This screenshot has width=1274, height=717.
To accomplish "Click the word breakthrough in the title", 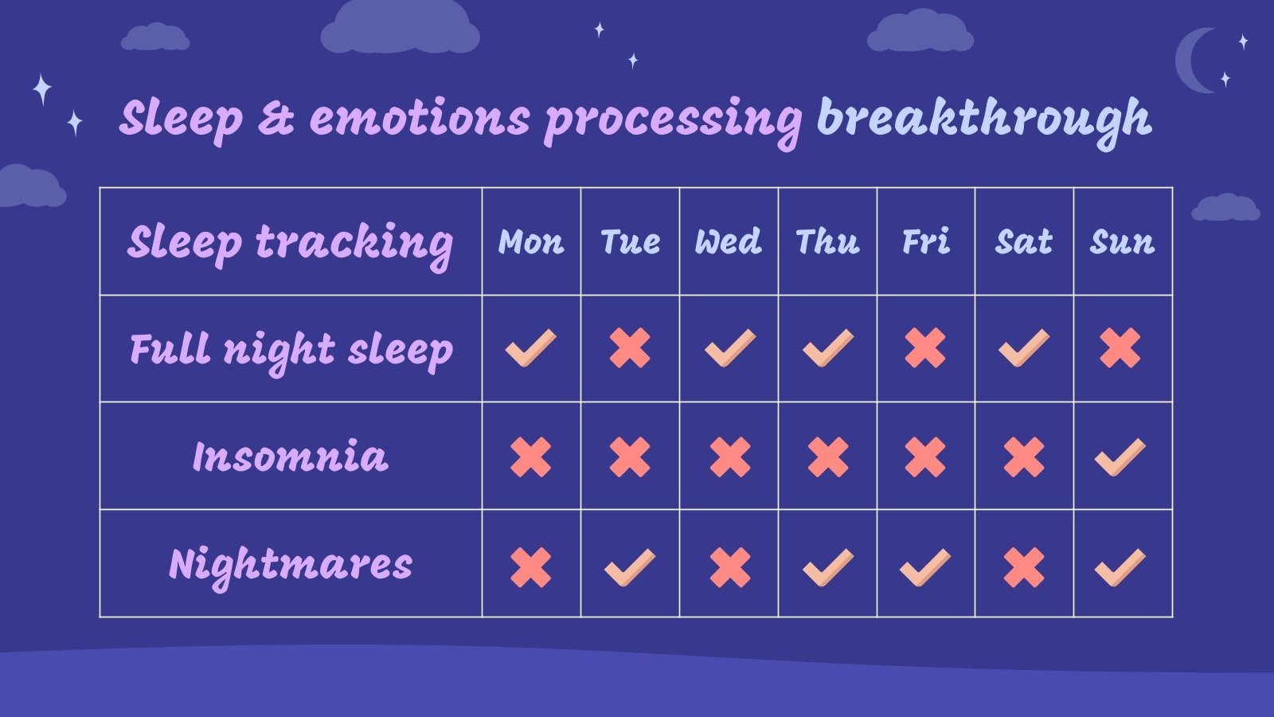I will click(x=983, y=119).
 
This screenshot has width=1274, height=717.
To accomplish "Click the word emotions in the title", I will click(x=420, y=119).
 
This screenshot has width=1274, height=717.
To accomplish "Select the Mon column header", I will click(x=531, y=241).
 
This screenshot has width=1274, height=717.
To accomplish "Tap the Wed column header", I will click(x=728, y=241).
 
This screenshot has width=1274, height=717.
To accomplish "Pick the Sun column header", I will click(x=1122, y=241).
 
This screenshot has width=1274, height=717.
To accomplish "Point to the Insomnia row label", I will click(x=291, y=456).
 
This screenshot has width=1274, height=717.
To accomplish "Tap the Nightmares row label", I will click(x=291, y=565).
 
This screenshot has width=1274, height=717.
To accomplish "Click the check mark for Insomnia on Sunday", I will click(x=1120, y=457).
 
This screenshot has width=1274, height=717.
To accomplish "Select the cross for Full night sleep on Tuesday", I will click(x=630, y=348).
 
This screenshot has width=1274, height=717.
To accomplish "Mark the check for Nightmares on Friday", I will click(x=925, y=567).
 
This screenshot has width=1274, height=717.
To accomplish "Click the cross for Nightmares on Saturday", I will click(x=1024, y=567).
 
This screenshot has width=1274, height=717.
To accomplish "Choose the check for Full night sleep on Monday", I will click(x=531, y=348).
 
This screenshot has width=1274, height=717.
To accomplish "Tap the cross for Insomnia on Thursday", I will click(x=828, y=457).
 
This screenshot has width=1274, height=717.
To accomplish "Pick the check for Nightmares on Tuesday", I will click(x=630, y=567).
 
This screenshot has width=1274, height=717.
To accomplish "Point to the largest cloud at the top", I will click(x=400, y=28).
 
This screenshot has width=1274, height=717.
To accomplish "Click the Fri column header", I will click(x=925, y=241).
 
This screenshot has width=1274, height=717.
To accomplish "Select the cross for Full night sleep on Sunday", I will click(x=1120, y=348).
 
